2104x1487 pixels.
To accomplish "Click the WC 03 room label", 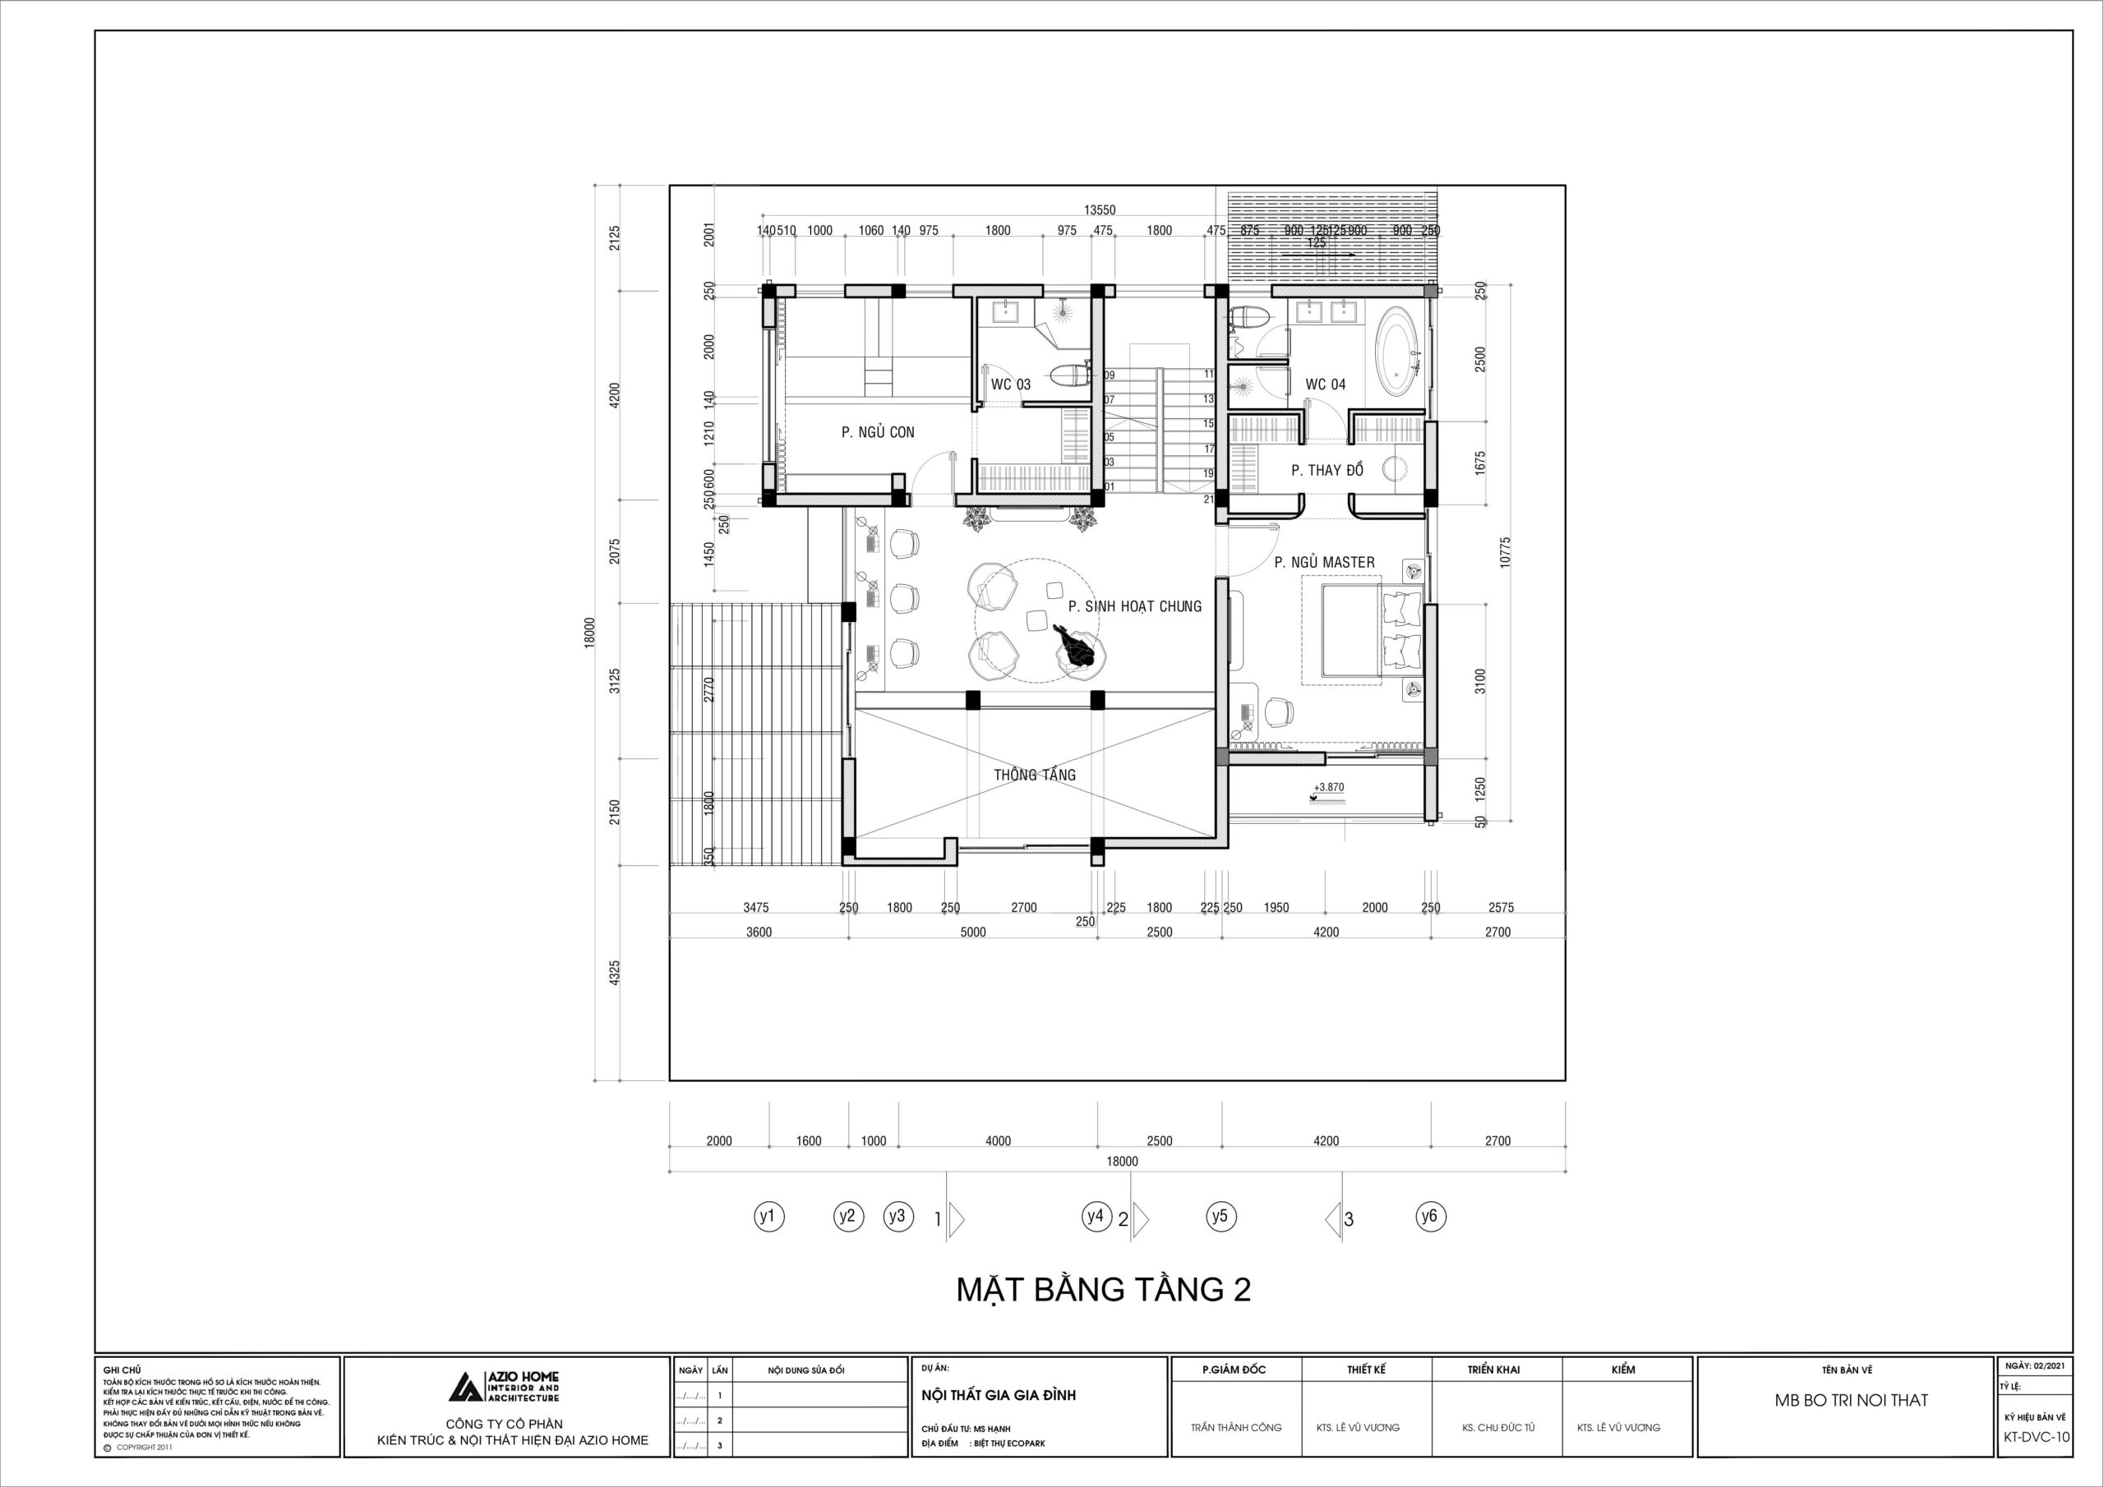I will (1010, 384).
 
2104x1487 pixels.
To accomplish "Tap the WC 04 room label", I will (1325, 384).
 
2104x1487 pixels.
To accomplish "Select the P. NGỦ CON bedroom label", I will (877, 432).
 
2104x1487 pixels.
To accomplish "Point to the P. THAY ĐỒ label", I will (1327, 470).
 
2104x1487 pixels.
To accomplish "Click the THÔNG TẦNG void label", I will (1035, 775).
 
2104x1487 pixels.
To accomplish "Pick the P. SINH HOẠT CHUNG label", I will (1133, 606).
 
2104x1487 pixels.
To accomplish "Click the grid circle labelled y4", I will (1095, 1217).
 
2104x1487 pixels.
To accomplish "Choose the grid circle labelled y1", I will (768, 1217).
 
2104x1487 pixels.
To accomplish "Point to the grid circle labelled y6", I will (1429, 1217).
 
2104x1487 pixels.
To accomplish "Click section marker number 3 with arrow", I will (1340, 1219).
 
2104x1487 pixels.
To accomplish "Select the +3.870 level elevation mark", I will (1329, 787).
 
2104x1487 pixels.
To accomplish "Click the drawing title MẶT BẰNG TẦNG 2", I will (1103, 1290).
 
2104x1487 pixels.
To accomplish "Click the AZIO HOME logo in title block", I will (503, 1386).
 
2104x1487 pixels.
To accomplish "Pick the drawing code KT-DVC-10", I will (2036, 1438).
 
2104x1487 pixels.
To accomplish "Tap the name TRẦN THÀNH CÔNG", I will (1235, 1428).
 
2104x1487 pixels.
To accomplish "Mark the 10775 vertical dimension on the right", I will (1505, 552).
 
